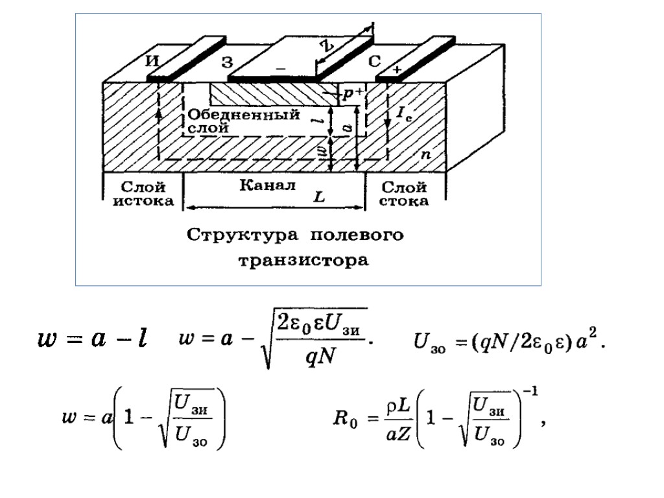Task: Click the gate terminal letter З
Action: [x=227, y=63]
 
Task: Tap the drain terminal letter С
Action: [x=375, y=62]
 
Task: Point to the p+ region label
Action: [x=353, y=94]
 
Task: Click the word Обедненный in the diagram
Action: [x=244, y=115]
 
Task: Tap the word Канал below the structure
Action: [x=267, y=185]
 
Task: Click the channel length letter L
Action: [x=319, y=197]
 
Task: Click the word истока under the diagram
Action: [x=144, y=201]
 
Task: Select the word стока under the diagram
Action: [x=404, y=201]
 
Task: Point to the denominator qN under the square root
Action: [x=320, y=356]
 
